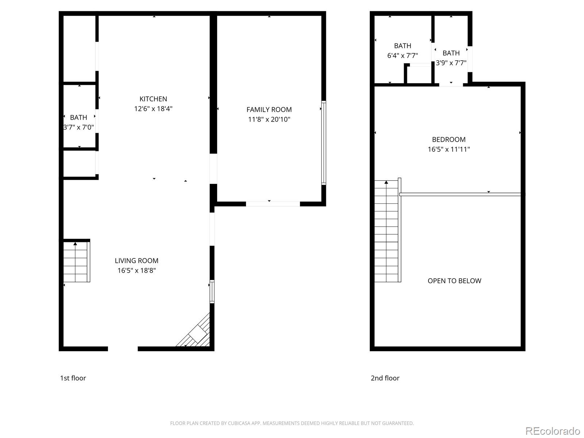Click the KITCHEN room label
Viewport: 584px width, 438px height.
coord(153,99)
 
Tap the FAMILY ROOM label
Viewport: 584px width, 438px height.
coord(269,109)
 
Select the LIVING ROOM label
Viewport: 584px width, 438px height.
coord(137,261)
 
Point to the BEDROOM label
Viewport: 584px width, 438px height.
coord(449,139)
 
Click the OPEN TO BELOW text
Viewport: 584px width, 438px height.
coord(454,281)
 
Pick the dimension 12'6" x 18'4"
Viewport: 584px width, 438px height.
coord(153,109)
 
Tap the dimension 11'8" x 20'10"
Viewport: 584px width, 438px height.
coord(269,119)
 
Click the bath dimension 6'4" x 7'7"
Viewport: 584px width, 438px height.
coord(402,55)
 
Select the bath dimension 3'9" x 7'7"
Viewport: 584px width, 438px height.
coord(451,63)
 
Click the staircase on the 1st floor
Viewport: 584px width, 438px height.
coord(76,262)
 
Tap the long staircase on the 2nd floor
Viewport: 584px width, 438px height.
coord(386,232)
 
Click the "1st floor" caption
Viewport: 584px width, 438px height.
coord(73,378)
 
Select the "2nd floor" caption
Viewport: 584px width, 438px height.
coord(385,378)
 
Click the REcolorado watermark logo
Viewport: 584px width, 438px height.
coord(553,431)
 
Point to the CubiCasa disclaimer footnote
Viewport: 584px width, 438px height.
coord(292,423)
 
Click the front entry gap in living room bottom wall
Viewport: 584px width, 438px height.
coord(123,349)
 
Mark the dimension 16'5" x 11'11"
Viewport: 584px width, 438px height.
coord(449,149)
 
